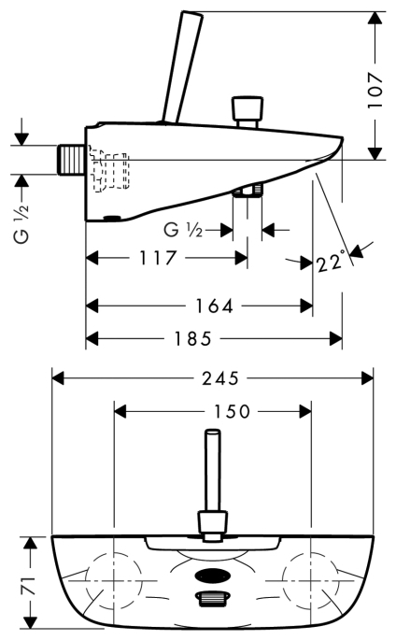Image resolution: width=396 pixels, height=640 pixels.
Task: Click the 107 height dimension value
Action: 375,91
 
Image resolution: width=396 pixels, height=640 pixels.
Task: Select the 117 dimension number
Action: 158,258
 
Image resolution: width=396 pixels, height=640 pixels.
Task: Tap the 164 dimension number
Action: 215,306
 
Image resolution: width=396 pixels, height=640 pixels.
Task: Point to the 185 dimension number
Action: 193,338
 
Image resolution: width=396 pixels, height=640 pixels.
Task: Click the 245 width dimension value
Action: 220,378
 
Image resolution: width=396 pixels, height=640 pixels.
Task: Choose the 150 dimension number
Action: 232,411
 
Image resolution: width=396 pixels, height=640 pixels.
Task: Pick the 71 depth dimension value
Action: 29,585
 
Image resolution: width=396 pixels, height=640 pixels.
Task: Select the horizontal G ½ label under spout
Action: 183,231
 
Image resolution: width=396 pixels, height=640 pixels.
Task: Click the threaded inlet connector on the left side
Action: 71,160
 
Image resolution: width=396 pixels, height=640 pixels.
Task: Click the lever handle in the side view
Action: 182,67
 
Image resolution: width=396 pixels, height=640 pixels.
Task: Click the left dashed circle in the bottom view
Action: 115,580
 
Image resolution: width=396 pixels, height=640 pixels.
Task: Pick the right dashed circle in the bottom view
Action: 311,580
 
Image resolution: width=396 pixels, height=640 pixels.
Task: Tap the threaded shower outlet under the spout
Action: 247,191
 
